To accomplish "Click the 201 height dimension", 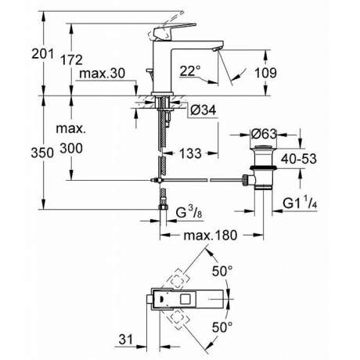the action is [43, 54].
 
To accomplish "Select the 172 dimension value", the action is [71, 60].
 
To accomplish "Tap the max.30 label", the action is [102, 74].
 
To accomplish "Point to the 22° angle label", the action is [190, 70].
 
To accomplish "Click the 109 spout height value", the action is [265, 73].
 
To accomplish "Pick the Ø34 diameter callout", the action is [203, 110].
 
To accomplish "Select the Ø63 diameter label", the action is [264, 134].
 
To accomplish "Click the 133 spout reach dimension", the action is [190, 153].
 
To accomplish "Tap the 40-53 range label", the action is [299, 159].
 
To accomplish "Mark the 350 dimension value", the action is [42, 153].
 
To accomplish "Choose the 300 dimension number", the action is [71, 149].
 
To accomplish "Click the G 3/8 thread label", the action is [189, 212].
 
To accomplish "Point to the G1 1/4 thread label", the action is [300, 203].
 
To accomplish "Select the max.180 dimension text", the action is [211, 236].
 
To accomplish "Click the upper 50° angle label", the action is [222, 271].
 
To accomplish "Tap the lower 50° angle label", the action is [222, 327].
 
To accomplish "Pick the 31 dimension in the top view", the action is [126, 340].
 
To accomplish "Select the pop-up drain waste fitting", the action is [262, 167].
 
